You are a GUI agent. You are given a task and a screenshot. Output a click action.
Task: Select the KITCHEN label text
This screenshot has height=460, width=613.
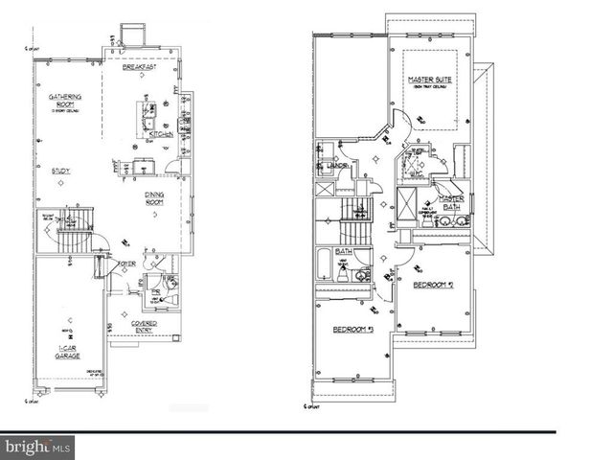click(161, 135)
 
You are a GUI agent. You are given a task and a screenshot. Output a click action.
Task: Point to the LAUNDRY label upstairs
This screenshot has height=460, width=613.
click(338, 165)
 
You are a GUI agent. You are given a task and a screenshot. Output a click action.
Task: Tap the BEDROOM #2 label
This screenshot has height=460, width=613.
click(433, 286)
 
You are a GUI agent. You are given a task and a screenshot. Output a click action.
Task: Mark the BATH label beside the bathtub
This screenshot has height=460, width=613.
click(345, 252)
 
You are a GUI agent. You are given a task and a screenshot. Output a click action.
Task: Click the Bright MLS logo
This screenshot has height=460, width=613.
click(37, 446)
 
